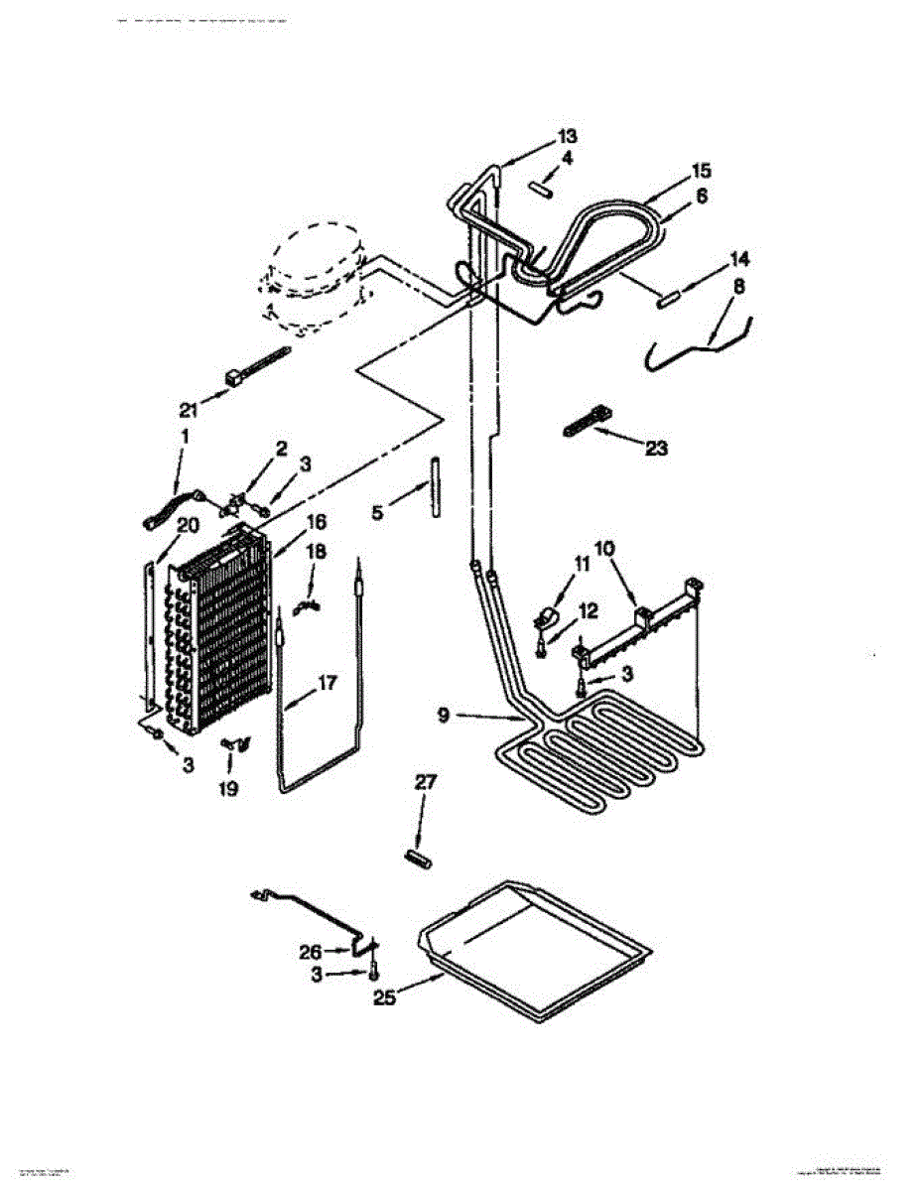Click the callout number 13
567,136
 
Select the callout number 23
656,449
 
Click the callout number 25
384,997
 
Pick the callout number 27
426,783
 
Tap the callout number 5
377,513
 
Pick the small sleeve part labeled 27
417,859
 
